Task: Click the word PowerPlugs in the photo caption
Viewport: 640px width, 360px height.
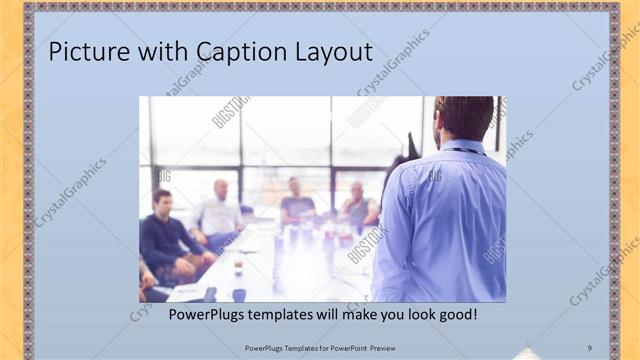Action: click(x=206, y=314)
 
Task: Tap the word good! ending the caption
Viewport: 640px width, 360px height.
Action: click(x=455, y=314)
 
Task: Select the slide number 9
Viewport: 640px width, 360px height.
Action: click(x=589, y=348)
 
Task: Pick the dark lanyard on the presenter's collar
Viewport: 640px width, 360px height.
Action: click(x=462, y=151)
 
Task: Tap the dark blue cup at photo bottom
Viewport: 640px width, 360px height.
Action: click(x=239, y=294)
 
